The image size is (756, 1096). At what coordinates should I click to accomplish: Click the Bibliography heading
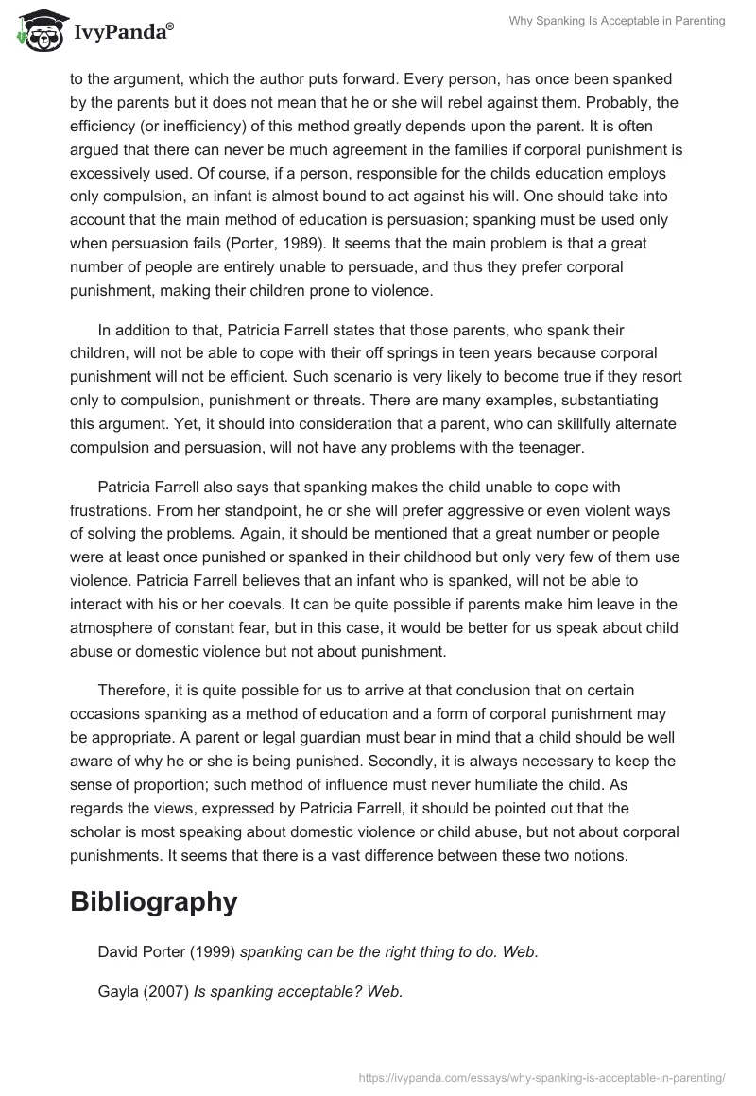(x=153, y=901)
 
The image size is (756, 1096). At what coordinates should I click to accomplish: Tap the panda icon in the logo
(x=36, y=33)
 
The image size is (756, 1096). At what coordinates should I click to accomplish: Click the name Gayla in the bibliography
(x=118, y=991)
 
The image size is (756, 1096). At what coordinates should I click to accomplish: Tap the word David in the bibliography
(x=118, y=952)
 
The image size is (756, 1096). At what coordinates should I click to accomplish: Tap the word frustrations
(x=113, y=509)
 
